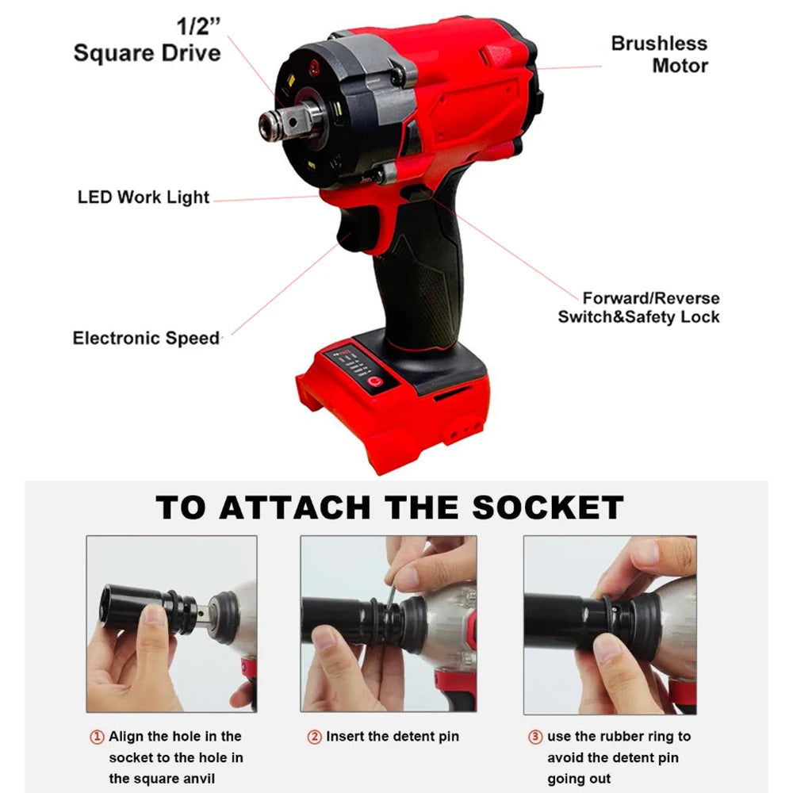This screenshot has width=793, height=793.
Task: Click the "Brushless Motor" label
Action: pyautogui.click(x=658, y=54)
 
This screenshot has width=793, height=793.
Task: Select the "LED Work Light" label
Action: pyautogui.click(x=144, y=197)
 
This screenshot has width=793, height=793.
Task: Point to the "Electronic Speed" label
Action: pyautogui.click(x=146, y=338)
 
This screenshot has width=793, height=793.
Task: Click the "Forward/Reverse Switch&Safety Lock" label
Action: pyautogui.click(x=638, y=308)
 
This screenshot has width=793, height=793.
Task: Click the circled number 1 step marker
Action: pyautogui.click(x=96, y=737)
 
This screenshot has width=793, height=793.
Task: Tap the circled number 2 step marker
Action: pyautogui.click(x=313, y=737)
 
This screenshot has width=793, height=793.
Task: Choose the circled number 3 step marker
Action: pyautogui.click(x=535, y=737)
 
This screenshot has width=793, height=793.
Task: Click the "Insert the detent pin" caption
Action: pyautogui.click(x=392, y=737)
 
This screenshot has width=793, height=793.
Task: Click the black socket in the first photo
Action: pyautogui.click(x=131, y=608)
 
